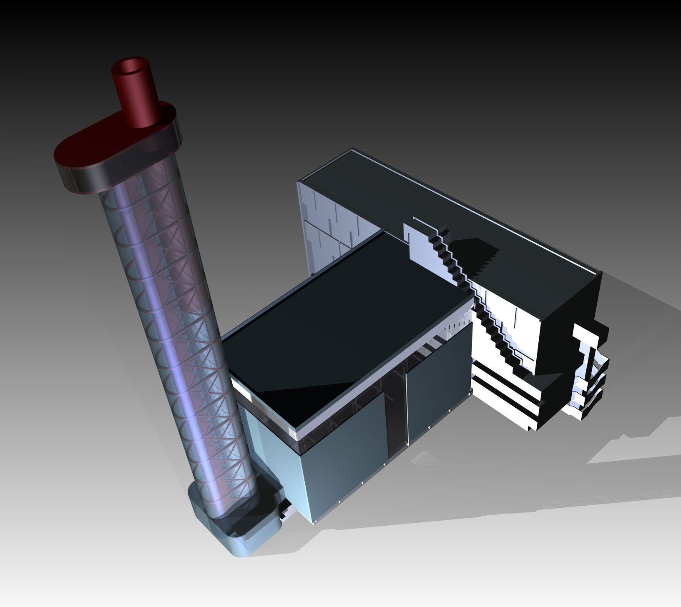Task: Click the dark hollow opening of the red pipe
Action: (132, 67)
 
